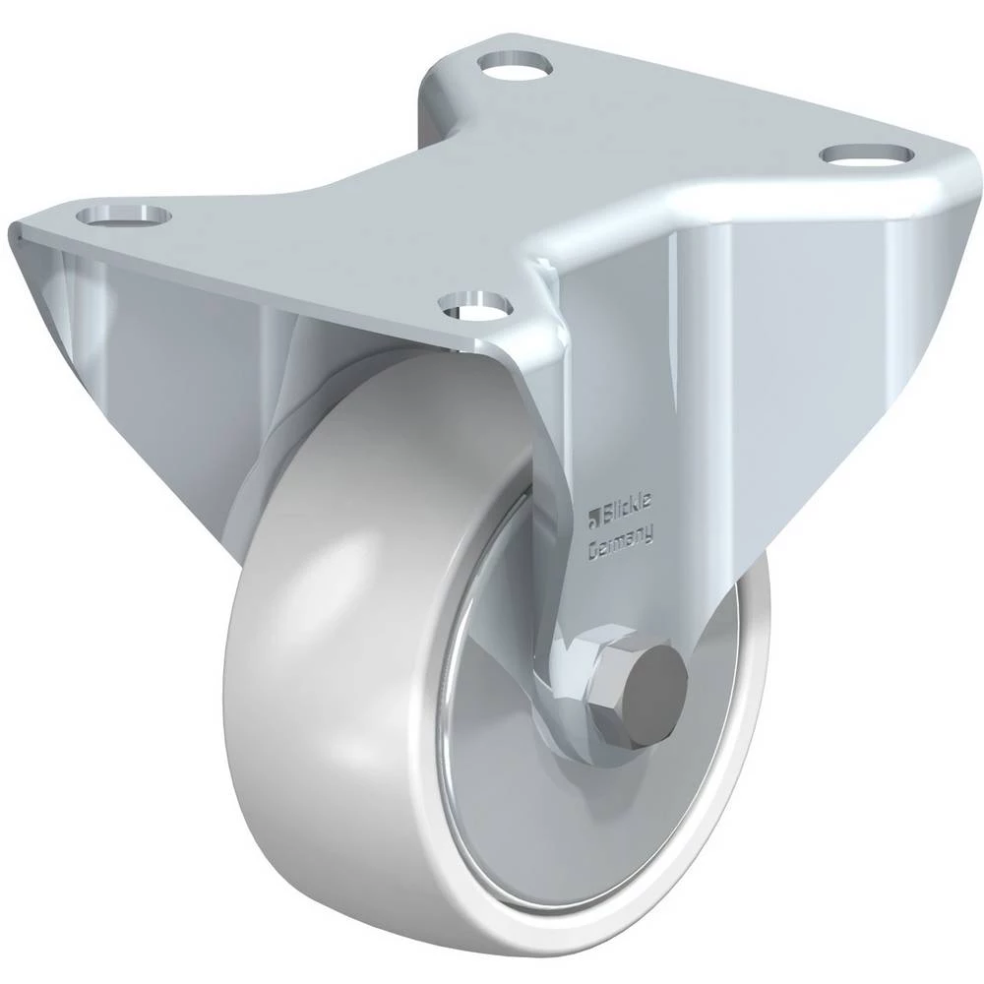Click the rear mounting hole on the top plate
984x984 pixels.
point(513,65)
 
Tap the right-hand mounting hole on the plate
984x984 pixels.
point(868,154)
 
